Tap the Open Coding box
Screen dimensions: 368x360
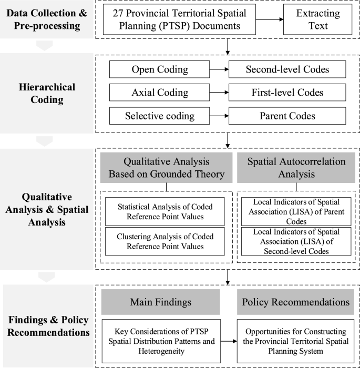tap(159, 69)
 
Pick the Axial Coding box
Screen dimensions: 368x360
tap(159, 93)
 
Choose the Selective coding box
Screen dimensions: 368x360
tap(159, 116)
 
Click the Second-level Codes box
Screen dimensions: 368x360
tap(287, 69)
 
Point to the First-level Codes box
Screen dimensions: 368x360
tap(287, 93)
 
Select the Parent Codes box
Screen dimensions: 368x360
tap(287, 116)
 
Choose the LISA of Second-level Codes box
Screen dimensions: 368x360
tap(295, 241)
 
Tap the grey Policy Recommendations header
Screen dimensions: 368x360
tap(295, 302)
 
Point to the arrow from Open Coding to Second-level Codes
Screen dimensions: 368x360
tap(218, 69)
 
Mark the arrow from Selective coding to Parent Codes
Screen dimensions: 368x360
tap(218, 116)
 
